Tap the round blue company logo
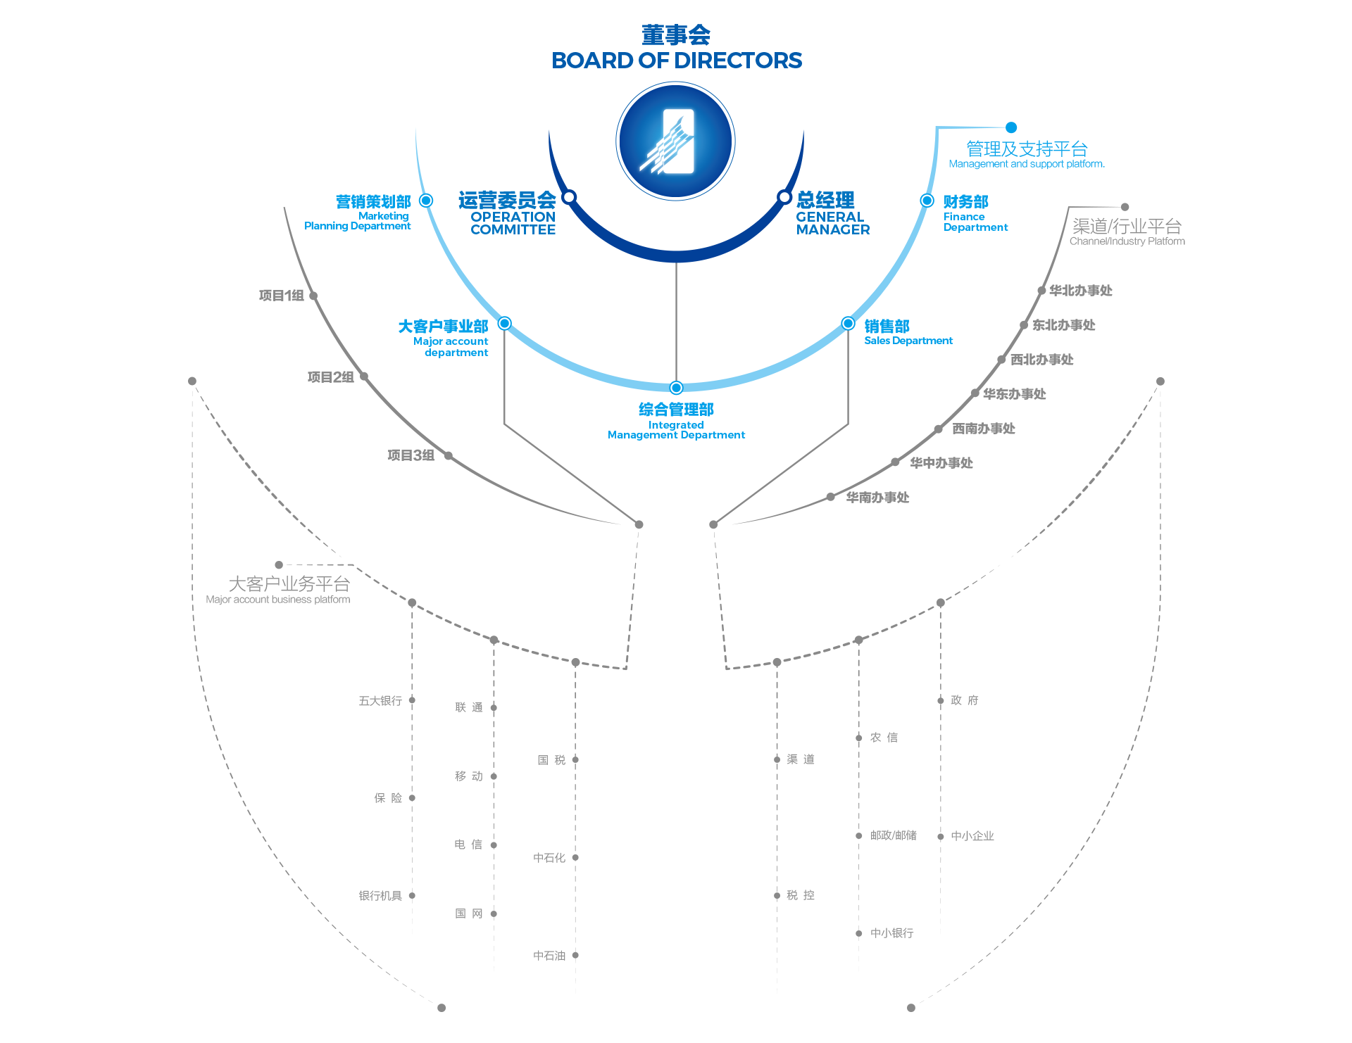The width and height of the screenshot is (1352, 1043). point(676,141)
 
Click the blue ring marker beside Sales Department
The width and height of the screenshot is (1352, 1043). point(849,324)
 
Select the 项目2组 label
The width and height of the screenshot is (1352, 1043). point(331,377)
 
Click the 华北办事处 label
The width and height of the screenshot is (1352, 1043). point(1080,291)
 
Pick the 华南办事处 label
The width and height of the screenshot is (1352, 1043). point(877,498)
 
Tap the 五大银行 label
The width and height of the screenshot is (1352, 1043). point(380,701)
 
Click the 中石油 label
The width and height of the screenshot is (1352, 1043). point(549,956)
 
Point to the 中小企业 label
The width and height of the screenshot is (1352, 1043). point(972,836)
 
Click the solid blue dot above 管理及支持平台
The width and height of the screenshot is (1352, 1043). point(1011,127)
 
